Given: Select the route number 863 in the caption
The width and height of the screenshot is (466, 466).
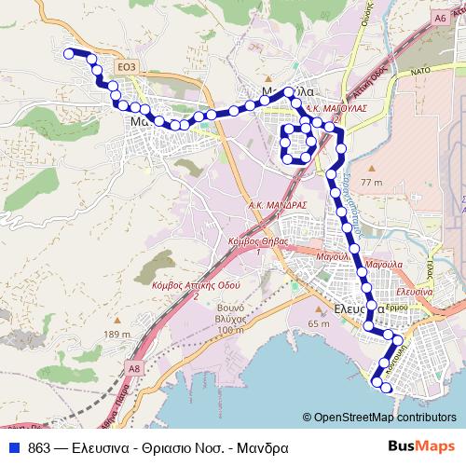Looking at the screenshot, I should coord(39,446).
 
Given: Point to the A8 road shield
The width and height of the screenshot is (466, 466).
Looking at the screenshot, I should coord(134,369).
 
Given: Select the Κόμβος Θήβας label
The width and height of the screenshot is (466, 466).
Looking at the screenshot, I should coord(254,240).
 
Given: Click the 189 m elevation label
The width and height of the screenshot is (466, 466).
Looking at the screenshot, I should coord(118,335).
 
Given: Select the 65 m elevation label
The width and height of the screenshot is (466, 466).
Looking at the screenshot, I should coord(319,323).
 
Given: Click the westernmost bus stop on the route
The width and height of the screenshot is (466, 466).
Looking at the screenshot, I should coord(69,54).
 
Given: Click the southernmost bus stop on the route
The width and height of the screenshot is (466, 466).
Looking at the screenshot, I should coord(385,386).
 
